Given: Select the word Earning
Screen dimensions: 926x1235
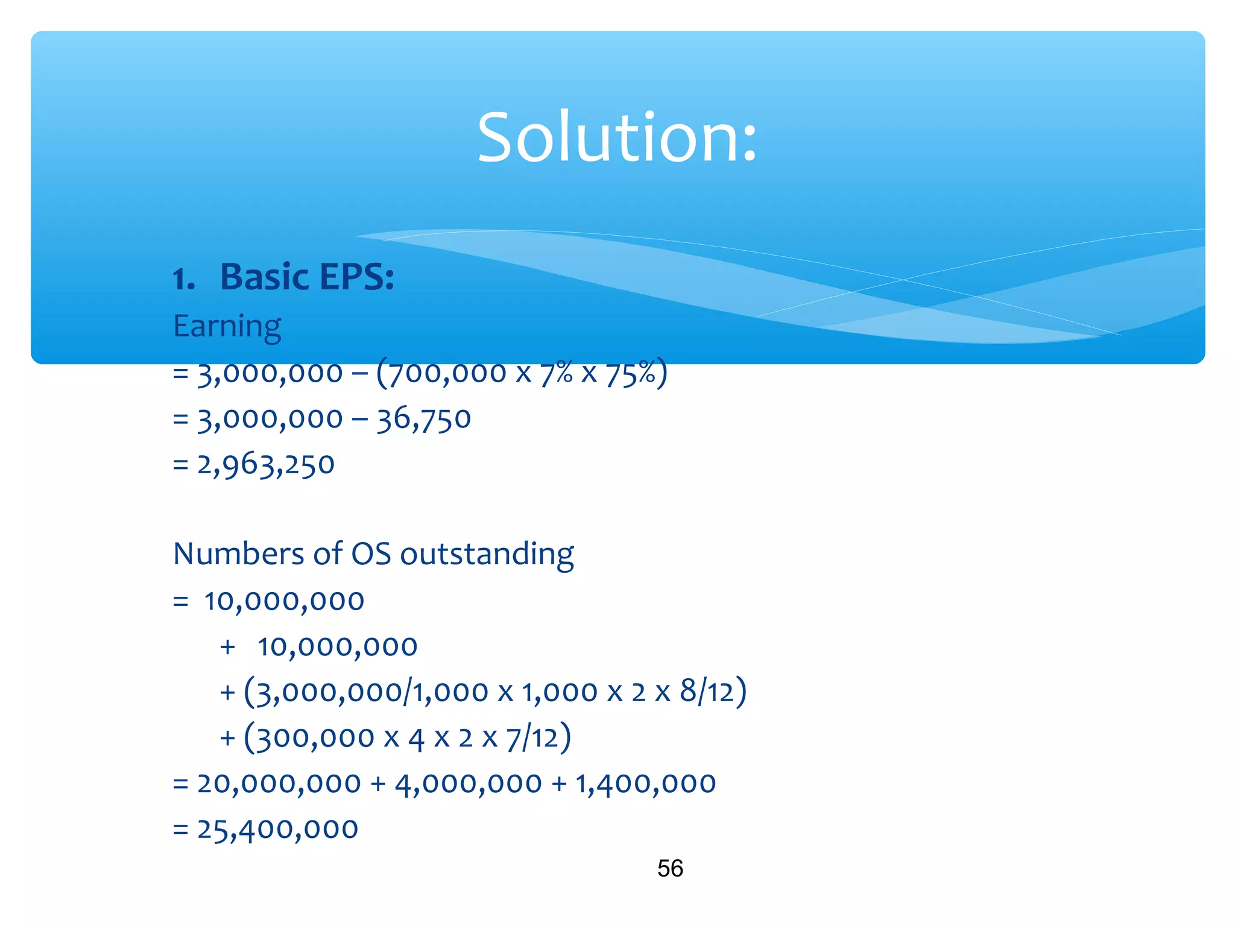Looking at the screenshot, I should click(227, 327).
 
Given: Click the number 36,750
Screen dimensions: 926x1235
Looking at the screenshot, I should click(423, 419).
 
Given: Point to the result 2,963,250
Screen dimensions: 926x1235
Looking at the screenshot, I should click(265, 465).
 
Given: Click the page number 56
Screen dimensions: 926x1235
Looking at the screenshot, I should click(670, 869).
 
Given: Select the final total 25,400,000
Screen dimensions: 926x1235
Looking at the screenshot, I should click(277, 830).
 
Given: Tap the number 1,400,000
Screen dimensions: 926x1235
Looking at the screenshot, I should click(645, 784).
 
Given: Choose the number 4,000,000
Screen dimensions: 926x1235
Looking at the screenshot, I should click(468, 784).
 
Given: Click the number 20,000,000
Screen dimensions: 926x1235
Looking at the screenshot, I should click(279, 784).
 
